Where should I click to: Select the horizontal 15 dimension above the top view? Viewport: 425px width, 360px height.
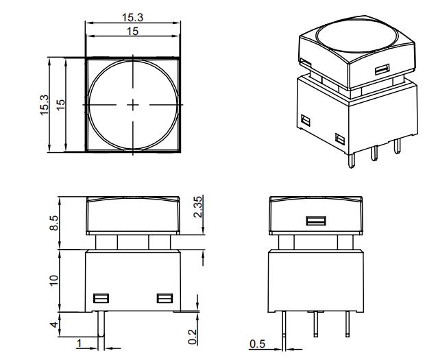point(133,32)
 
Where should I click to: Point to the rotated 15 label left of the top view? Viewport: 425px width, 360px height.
point(61,104)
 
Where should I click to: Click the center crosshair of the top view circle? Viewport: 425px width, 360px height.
point(133,104)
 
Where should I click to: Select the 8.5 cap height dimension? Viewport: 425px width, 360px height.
point(54,223)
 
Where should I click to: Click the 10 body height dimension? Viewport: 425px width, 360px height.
point(54,280)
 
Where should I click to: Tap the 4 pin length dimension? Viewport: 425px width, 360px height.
point(54,325)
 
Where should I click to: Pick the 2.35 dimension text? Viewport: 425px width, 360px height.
point(197,206)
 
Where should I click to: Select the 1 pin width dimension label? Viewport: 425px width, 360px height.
point(80,342)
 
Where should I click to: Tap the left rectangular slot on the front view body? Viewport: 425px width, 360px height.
point(101,298)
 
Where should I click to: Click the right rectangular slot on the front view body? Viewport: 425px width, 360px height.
point(164,298)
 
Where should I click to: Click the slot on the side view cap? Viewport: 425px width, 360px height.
point(315,221)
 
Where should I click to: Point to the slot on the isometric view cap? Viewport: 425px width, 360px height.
point(383,69)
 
